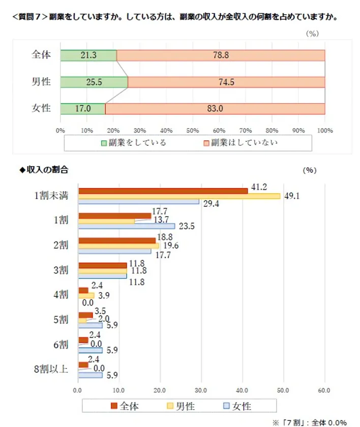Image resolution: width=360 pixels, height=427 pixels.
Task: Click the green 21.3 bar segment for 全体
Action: click(88, 55)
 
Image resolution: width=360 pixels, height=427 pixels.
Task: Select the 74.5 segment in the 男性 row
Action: click(226, 82)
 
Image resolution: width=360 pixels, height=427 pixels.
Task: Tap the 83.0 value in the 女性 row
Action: click(214, 108)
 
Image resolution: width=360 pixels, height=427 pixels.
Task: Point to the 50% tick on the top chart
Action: click(193, 131)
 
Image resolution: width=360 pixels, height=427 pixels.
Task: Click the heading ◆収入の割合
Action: click(43, 170)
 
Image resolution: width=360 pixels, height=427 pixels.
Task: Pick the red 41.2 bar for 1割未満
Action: click(163, 191)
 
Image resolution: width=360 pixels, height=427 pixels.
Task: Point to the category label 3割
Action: click(61, 270)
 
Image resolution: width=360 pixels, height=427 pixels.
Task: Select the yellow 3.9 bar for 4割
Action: click(86, 295)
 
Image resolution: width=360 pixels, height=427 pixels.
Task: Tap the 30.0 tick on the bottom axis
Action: click(201, 390)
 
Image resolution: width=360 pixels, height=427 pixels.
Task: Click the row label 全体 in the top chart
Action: click(41, 55)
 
